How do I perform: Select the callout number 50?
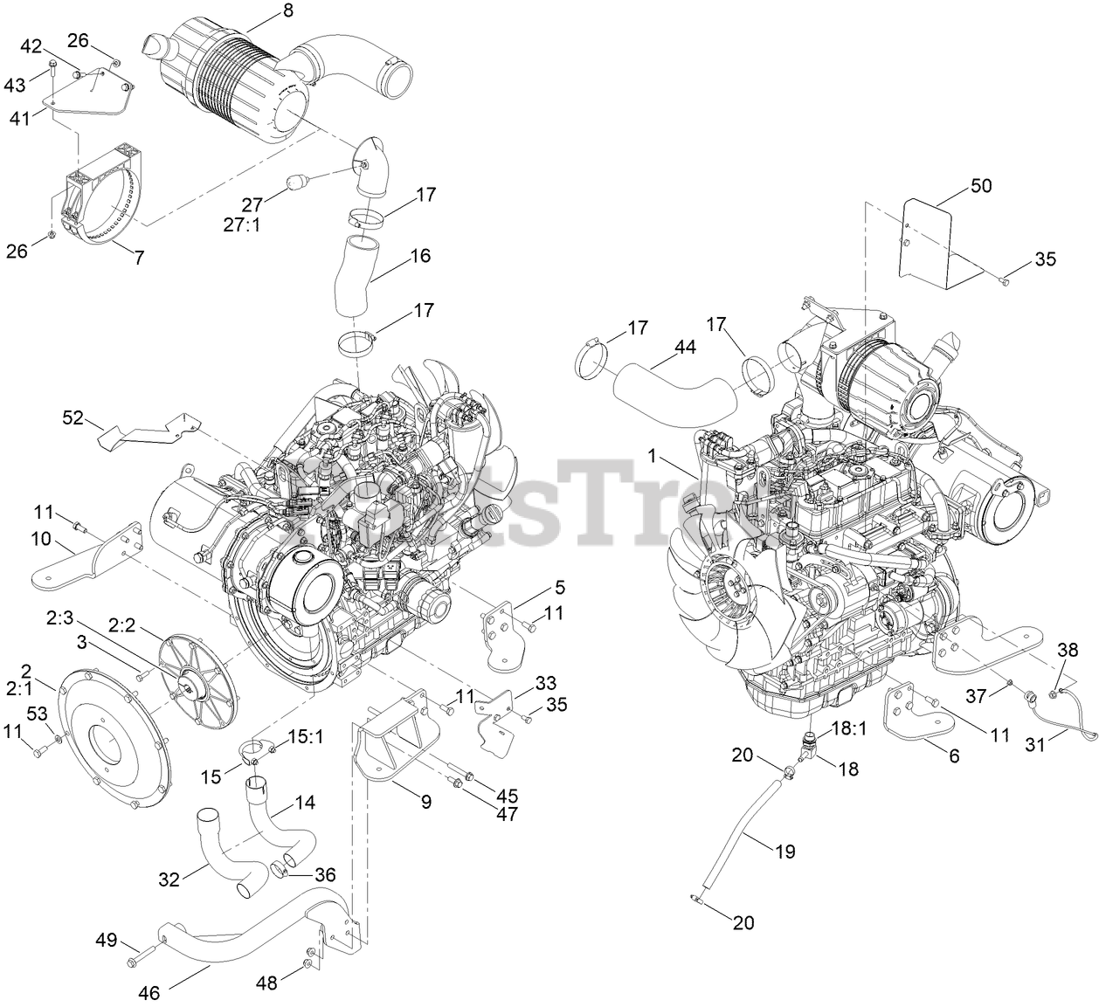(x=981, y=186)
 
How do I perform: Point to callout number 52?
(x=74, y=418)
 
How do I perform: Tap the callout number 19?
(x=785, y=850)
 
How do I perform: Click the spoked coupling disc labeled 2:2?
(x=201, y=668)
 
